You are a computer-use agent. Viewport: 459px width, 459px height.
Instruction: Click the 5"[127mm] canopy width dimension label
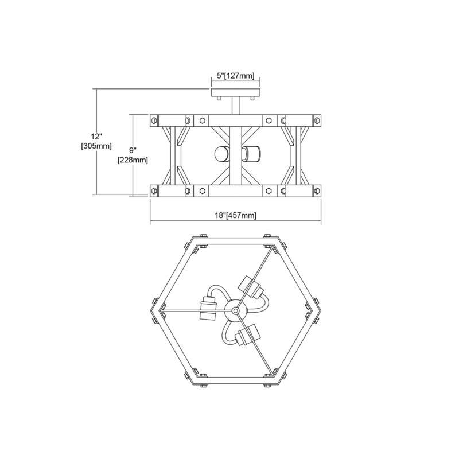(236, 76)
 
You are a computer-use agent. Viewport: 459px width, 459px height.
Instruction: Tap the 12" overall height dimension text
(96, 137)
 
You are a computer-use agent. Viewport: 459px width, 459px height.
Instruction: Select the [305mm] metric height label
(96, 146)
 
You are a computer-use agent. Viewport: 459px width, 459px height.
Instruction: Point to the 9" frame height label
(133, 150)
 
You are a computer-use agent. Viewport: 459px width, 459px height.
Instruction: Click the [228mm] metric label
(133, 160)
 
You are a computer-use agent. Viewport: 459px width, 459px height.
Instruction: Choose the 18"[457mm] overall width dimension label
(236, 215)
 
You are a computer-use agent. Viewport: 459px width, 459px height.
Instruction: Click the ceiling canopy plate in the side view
(236, 93)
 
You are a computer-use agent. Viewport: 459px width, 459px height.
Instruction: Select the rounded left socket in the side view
(220, 154)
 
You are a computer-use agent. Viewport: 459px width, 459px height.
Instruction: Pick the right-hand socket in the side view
(252, 154)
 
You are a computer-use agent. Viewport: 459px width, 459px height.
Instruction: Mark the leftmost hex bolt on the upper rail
(154, 120)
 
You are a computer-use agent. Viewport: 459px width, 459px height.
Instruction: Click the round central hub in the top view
(236, 310)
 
